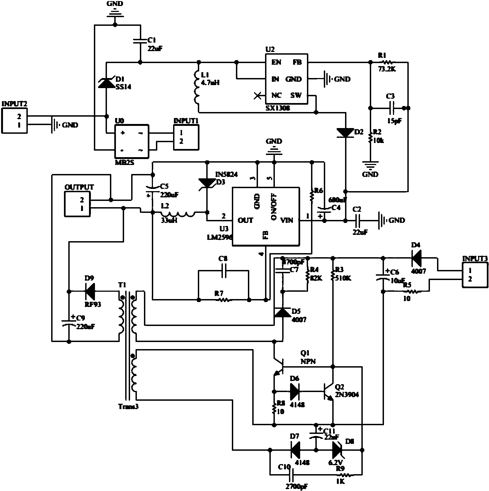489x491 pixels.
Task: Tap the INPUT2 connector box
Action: [x=14, y=120]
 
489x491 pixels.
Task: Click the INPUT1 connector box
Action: [x=186, y=137]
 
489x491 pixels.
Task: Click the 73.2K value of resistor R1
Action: [x=387, y=69]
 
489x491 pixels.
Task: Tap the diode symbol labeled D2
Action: [x=346, y=133]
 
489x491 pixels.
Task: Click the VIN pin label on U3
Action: [x=287, y=220]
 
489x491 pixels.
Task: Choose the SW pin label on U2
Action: [x=296, y=95]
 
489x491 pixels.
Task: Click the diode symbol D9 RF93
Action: [x=90, y=291]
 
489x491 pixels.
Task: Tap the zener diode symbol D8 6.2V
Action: [x=337, y=450]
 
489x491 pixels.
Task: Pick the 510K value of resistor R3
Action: [x=344, y=278]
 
